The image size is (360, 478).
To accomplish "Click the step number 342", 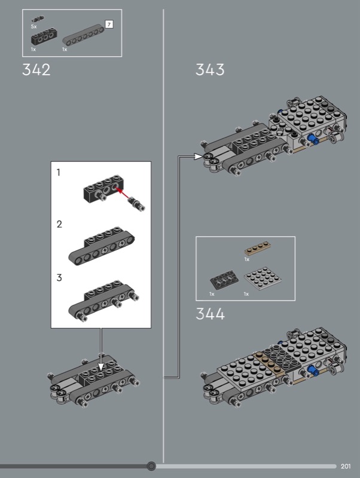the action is tap(36, 70).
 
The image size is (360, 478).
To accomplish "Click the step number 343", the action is tap(210, 70).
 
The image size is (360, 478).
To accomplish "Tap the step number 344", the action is tap(210, 314).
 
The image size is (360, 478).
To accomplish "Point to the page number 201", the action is tap(346, 467).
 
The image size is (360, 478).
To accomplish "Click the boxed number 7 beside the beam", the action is tap(109, 24).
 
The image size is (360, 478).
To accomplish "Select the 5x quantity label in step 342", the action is tap(33, 27).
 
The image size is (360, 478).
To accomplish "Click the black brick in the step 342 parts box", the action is tap(44, 36).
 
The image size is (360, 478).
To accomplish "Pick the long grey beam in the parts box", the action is tap(83, 35).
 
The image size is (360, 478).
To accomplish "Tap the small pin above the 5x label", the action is tap(38, 19).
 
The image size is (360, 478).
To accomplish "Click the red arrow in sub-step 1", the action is tap(123, 193).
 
